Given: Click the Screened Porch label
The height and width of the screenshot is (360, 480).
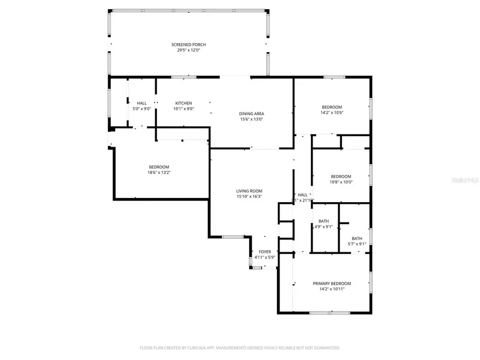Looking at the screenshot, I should pos(188,44).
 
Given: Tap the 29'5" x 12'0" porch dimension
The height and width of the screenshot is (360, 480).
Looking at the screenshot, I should pos(188,50).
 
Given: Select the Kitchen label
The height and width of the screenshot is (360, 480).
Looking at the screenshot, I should pos(183,103).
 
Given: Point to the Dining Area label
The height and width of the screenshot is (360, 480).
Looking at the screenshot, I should pos(251,114).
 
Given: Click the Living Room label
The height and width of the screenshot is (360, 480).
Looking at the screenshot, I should pos(249,191).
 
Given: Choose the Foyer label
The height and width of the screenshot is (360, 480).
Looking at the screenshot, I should pos(265,252).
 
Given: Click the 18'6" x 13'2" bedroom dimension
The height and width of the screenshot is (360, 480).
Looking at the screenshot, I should pos(159,172).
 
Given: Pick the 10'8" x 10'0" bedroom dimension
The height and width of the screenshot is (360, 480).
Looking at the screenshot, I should pos(341,182).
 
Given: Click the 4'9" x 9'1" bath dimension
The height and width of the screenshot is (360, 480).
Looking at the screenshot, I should pos(324,227).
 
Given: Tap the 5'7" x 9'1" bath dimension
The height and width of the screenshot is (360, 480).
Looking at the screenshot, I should pos(357,244).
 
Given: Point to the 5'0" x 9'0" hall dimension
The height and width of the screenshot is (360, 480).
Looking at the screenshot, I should pos(142,109).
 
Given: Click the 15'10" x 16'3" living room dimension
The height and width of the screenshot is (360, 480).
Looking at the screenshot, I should pos(249,197).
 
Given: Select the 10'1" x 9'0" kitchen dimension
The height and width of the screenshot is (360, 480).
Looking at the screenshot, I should pos(183,109).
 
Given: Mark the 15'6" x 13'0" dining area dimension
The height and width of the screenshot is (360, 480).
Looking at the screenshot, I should pos(251,119).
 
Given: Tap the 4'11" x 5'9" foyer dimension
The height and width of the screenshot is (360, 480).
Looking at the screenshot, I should pos(265,258).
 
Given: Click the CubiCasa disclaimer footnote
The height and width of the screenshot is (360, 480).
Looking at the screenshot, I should pos(239,348).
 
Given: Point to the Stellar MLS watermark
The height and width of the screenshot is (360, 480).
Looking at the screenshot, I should pos(465,181).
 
